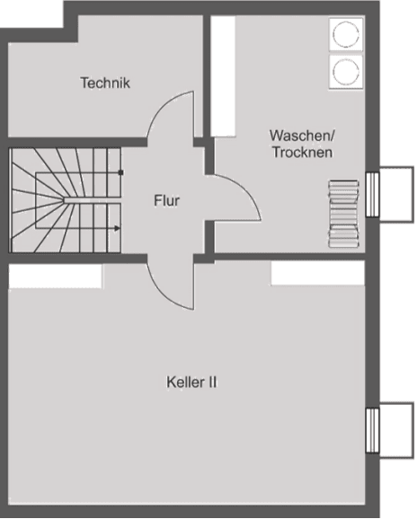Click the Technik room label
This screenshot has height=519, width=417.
point(105,83)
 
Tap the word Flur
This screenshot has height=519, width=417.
point(166,200)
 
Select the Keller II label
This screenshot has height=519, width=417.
point(191,383)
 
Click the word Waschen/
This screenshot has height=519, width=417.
point(302,136)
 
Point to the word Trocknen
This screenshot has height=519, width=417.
point(302,153)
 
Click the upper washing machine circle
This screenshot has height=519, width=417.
point(346,34)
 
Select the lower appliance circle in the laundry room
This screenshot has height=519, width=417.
point(346,72)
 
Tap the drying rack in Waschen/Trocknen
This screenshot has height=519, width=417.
point(344,214)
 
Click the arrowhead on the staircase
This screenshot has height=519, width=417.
point(117,228)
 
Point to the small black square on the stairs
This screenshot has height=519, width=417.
point(121,172)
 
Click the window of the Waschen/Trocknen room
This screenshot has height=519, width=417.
point(372,195)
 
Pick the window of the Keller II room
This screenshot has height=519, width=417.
point(372,431)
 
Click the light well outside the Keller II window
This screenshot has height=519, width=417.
point(397,430)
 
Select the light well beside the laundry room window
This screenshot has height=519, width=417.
point(397,195)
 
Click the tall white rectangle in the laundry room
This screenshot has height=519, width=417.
point(223,76)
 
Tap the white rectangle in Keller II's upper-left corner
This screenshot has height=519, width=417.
point(56,276)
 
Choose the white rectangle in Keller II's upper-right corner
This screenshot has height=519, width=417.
point(318,273)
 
